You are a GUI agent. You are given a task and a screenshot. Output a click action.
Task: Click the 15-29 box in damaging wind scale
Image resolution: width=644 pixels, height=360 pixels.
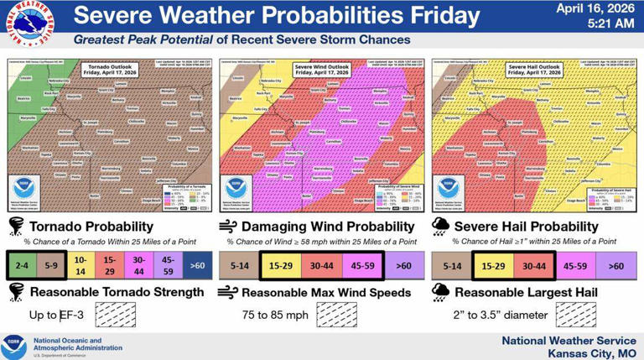[x=279, y=266]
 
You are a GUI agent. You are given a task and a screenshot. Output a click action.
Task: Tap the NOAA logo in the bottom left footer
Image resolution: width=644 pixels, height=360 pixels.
[x=13, y=345]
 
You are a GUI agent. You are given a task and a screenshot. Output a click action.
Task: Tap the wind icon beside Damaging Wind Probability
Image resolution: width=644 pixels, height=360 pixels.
[x=227, y=227]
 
